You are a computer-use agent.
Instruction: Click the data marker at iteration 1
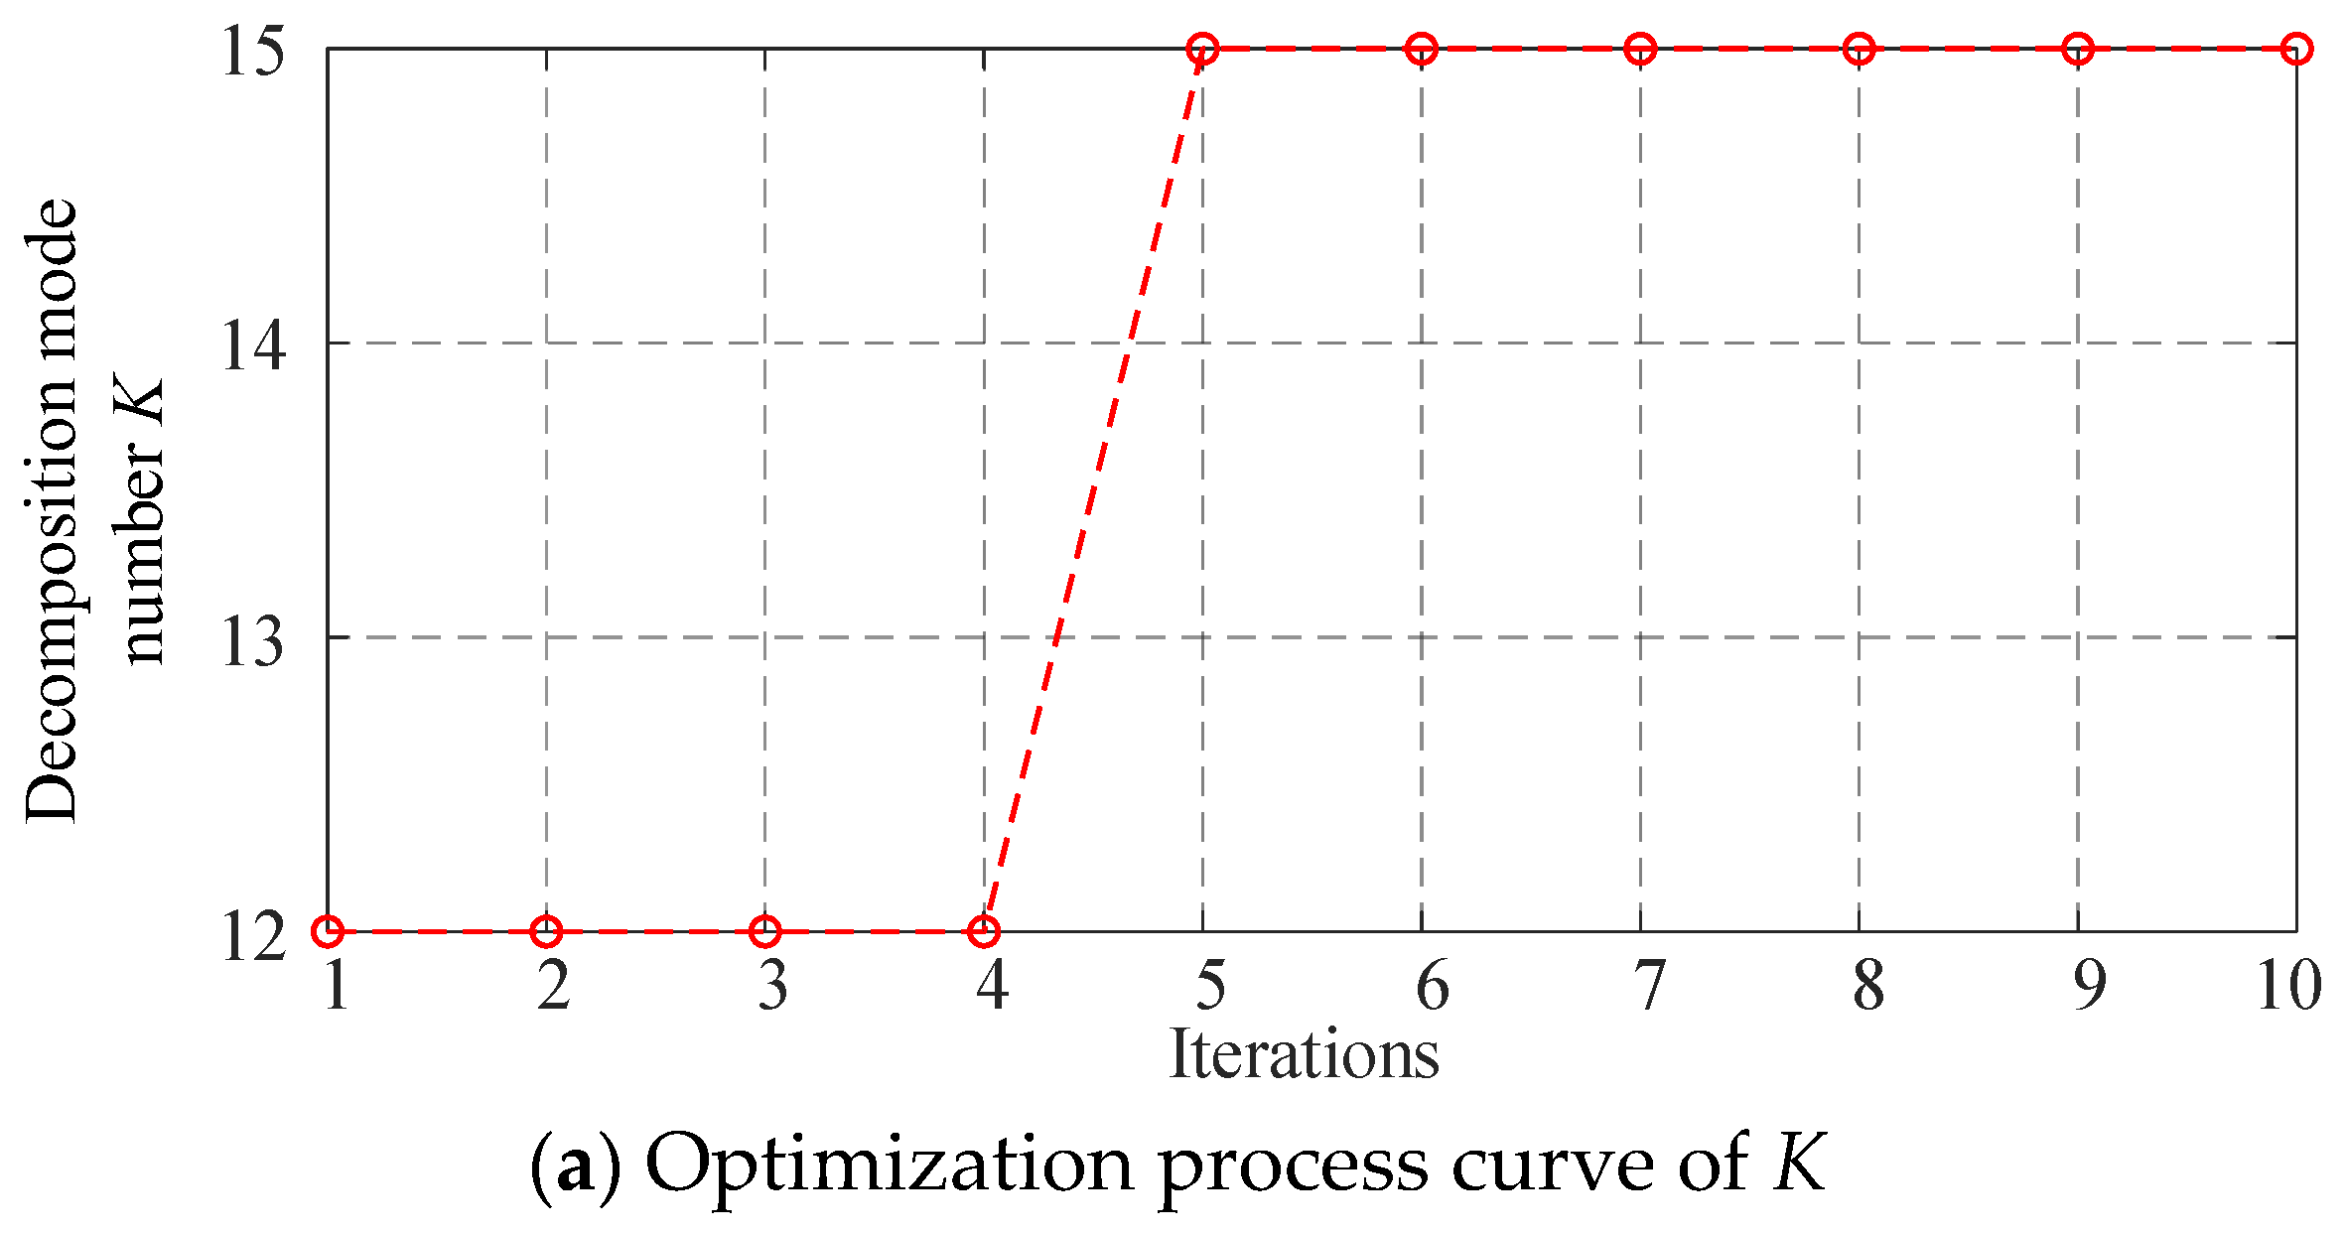pyautogui.click(x=328, y=931)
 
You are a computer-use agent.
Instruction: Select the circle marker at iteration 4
pyautogui.click(x=984, y=931)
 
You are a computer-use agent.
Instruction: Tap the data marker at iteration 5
pyautogui.click(x=1202, y=49)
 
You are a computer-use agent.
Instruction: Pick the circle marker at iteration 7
pyautogui.click(x=1640, y=49)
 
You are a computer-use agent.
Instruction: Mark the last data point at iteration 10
pyautogui.click(x=2296, y=49)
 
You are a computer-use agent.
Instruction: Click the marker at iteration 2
pyautogui.click(x=546, y=931)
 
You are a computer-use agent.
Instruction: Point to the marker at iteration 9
pyautogui.click(x=2078, y=49)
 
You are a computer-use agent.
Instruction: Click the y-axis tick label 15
pyautogui.click(x=254, y=51)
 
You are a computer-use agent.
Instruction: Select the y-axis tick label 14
pyautogui.click(x=254, y=345)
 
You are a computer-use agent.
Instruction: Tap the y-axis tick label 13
pyautogui.click(x=254, y=640)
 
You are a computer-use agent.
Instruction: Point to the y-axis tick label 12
pyautogui.click(x=254, y=935)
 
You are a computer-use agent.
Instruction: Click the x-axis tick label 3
pyautogui.click(x=772, y=986)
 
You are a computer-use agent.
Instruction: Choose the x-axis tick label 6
pyautogui.click(x=1431, y=986)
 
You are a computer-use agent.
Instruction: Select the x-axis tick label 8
pyautogui.click(x=1867, y=986)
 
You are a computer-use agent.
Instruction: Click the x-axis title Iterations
pyautogui.click(x=1304, y=1054)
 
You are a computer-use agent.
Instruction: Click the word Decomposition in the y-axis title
pyautogui.click(x=52, y=510)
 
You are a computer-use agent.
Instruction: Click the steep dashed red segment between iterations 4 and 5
pyautogui.click(x=1093, y=489)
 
